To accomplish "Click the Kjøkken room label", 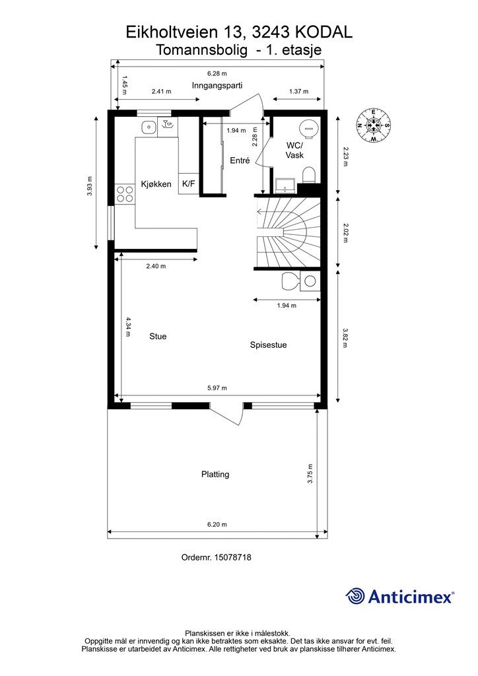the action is point(156,184).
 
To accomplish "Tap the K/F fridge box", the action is point(188,184).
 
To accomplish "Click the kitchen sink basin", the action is point(149,127).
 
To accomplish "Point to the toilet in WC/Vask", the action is point(308,176).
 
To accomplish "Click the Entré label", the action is point(240,160).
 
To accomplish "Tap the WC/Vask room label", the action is point(294,150).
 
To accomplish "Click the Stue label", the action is point(158,336).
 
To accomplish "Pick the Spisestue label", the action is point(268,345).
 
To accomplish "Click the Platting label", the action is point(215,474).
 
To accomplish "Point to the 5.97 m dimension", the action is point(217,388).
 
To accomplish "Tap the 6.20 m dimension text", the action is point(217,525).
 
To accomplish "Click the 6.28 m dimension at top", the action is point(217,74).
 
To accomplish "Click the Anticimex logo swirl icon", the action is point(355,596).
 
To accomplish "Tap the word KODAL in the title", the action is point(324,32).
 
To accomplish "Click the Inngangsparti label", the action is point(217,85).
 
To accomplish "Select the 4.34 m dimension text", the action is point(128,326).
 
